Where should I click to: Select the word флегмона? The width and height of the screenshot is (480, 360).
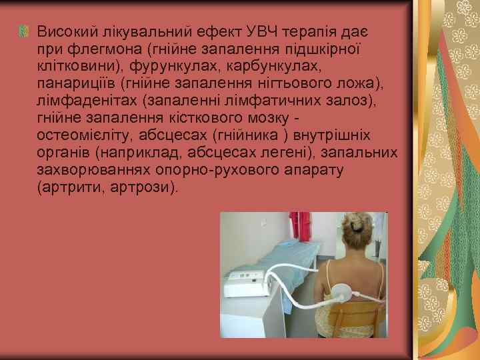pos(91,49)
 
